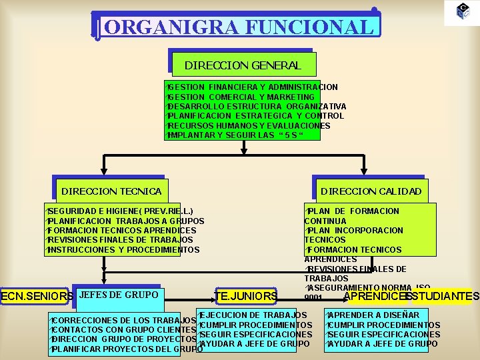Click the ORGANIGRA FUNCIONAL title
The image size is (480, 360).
[x=237, y=27]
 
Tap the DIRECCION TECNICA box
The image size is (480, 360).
[x=111, y=191]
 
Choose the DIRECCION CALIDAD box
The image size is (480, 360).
[x=371, y=191]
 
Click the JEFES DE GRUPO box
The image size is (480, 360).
[x=118, y=295]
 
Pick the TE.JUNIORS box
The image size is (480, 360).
[x=246, y=296]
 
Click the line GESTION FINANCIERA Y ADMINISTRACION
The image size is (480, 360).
[x=253, y=87]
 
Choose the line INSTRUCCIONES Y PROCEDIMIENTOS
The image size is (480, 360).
[x=123, y=250]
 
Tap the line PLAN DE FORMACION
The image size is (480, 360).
[x=353, y=211]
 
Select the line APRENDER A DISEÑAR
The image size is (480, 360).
[x=374, y=315]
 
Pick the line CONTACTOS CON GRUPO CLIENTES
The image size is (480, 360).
[x=123, y=329]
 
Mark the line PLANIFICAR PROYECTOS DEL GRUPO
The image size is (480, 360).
[x=127, y=349]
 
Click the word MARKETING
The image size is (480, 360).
[x=289, y=97]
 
